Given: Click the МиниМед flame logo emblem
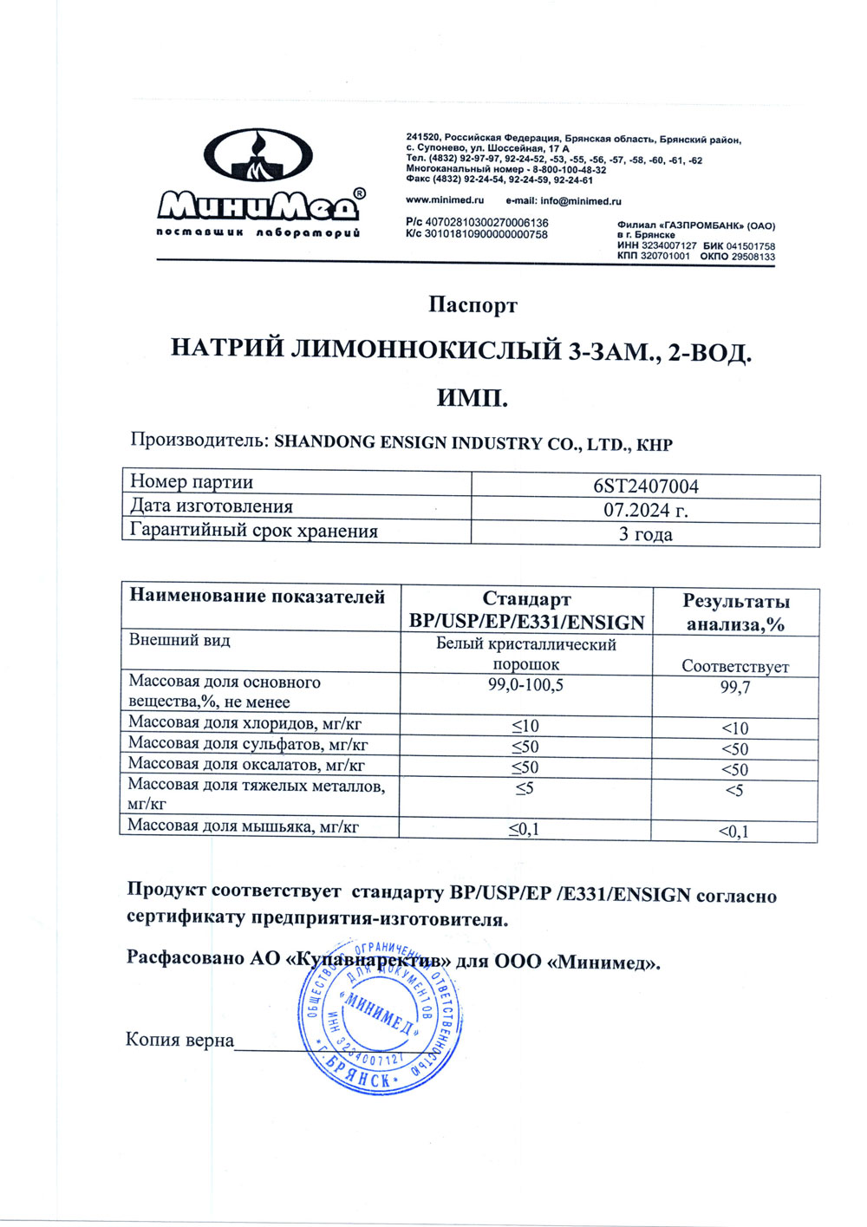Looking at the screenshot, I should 258,161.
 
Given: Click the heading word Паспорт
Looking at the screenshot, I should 473,305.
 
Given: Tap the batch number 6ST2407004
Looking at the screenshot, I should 645,486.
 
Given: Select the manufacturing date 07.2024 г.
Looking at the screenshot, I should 645,510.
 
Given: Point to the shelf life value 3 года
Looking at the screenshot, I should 645,534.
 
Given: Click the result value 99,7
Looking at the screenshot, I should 735,688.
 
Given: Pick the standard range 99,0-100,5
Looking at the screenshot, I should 526,685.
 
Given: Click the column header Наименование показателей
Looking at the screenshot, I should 257,597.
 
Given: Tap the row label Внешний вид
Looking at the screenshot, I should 179,641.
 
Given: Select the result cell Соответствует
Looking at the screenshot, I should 735,666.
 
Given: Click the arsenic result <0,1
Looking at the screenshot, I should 734,832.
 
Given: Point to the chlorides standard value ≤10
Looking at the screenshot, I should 525,726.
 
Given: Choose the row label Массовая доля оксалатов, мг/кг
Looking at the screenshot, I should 246,765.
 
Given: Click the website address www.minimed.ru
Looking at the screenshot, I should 445,201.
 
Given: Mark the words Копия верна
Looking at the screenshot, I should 179,1040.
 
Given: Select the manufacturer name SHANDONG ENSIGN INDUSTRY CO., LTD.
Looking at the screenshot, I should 453,443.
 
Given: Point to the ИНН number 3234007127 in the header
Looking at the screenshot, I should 668,246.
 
